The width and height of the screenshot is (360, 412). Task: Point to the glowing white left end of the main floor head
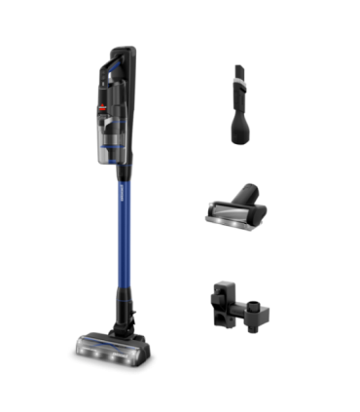76,346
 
